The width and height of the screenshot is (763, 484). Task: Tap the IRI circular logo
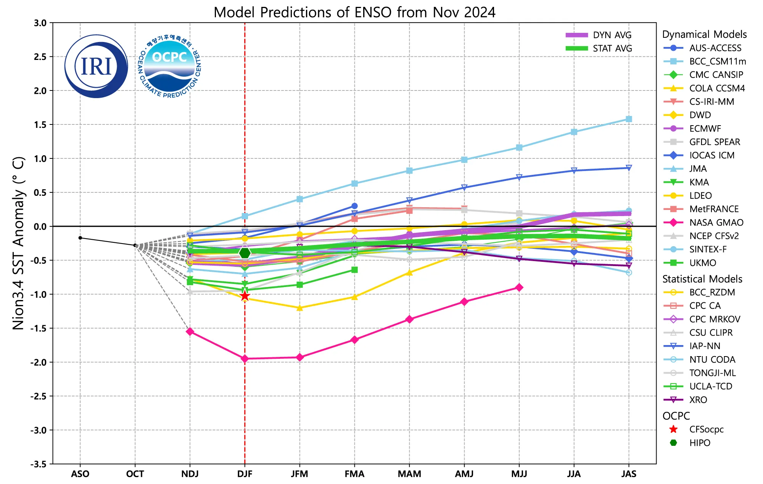(x=96, y=66)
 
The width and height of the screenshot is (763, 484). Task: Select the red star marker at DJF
(x=245, y=296)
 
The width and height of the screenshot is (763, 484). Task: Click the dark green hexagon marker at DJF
(x=245, y=253)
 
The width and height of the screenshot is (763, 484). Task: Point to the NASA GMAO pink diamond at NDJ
(x=190, y=332)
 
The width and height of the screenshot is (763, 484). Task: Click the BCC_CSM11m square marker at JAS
(x=629, y=119)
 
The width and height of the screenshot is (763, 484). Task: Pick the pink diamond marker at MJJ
(x=519, y=287)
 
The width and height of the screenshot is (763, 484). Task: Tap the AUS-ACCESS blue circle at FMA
(x=354, y=206)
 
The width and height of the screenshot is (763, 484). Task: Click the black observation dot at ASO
(x=80, y=238)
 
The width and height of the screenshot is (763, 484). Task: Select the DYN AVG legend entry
(x=599, y=35)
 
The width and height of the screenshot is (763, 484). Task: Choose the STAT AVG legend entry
(x=599, y=48)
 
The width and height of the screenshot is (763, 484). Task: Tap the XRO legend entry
(x=698, y=400)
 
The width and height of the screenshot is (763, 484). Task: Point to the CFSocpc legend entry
(x=706, y=429)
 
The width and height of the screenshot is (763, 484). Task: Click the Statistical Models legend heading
(x=702, y=279)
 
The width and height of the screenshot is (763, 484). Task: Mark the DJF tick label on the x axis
(x=245, y=474)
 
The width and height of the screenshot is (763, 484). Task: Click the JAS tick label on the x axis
(x=629, y=474)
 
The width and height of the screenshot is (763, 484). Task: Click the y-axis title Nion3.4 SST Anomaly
(x=18, y=243)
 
